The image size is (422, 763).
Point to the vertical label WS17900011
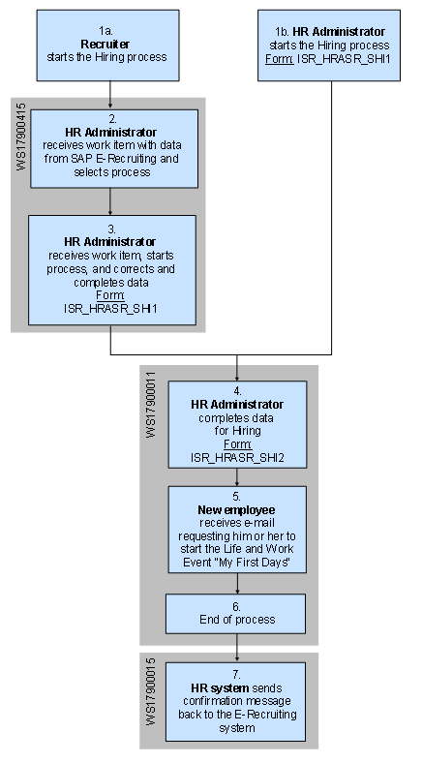149,408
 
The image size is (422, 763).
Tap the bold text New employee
236,509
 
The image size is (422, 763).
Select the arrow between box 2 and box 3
111,200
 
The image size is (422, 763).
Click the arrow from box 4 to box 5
237,477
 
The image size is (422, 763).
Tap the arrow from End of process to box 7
237,647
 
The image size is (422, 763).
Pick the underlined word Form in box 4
236,443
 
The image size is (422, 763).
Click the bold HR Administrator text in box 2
114,132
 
